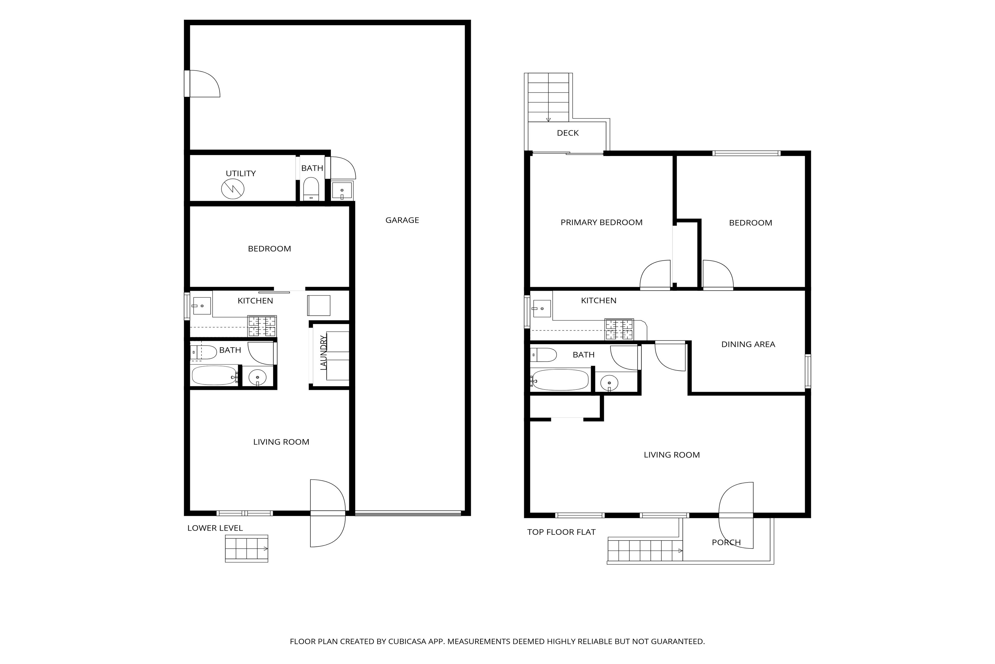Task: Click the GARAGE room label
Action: (x=402, y=220)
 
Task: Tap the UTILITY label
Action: (x=241, y=174)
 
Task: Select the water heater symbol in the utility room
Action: (x=233, y=189)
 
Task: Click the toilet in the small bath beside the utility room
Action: (x=311, y=189)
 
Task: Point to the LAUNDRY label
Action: (x=324, y=353)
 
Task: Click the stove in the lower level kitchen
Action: (x=262, y=326)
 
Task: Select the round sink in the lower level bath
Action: (x=257, y=377)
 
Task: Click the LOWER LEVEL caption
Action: (x=215, y=528)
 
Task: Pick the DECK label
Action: (x=568, y=133)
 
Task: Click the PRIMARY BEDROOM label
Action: (x=602, y=222)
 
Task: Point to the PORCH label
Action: (x=726, y=543)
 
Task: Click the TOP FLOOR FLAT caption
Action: (x=561, y=532)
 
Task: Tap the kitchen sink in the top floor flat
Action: (x=541, y=309)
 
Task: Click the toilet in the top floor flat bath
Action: (x=544, y=355)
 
